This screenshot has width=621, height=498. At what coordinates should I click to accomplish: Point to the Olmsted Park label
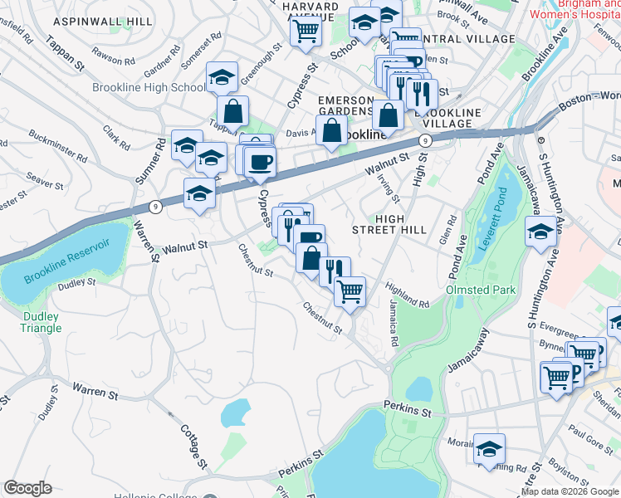pos(482,290)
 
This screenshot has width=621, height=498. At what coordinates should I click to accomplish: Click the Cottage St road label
pos(193,443)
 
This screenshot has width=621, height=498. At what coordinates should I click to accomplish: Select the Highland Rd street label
pos(407,295)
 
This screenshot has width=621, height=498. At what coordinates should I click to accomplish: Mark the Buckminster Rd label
pos(57,143)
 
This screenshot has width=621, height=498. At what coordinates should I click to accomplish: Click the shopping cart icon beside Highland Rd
pos(350,290)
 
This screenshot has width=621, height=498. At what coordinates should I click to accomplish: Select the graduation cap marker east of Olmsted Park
pos(540,232)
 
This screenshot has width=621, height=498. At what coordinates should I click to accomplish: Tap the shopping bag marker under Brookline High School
pos(233,110)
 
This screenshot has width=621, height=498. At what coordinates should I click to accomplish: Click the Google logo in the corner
pos(27,487)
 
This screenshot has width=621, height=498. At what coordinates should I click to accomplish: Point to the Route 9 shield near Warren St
pos(154,205)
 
